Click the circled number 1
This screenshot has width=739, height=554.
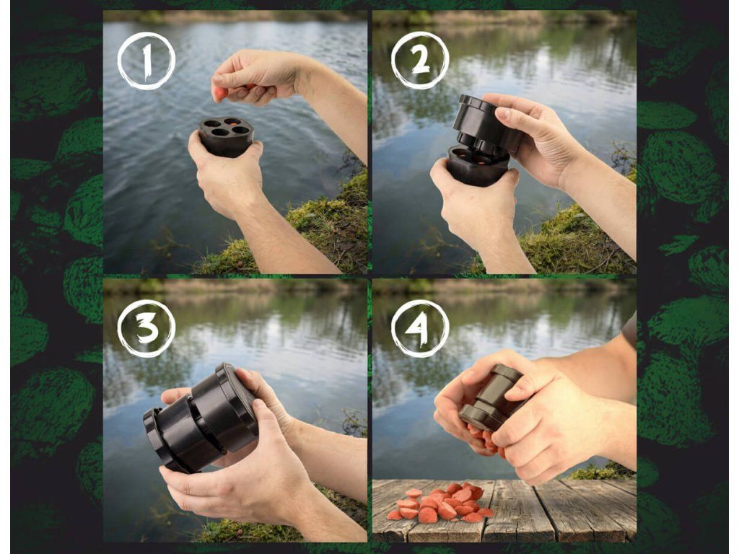[x=146, y=61]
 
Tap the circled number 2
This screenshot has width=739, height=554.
[x=420, y=61]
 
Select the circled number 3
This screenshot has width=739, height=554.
[x=146, y=328]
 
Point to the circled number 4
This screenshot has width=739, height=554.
[x=420, y=328]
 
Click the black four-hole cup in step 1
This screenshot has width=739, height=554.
[x=226, y=136]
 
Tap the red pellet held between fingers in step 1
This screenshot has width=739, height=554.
[x=220, y=93]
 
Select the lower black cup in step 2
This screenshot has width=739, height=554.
[x=476, y=166]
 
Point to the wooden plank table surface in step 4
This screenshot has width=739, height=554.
[x=504, y=511]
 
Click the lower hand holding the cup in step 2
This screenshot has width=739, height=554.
[x=476, y=207]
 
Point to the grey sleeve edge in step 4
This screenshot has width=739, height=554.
[x=629, y=330]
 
